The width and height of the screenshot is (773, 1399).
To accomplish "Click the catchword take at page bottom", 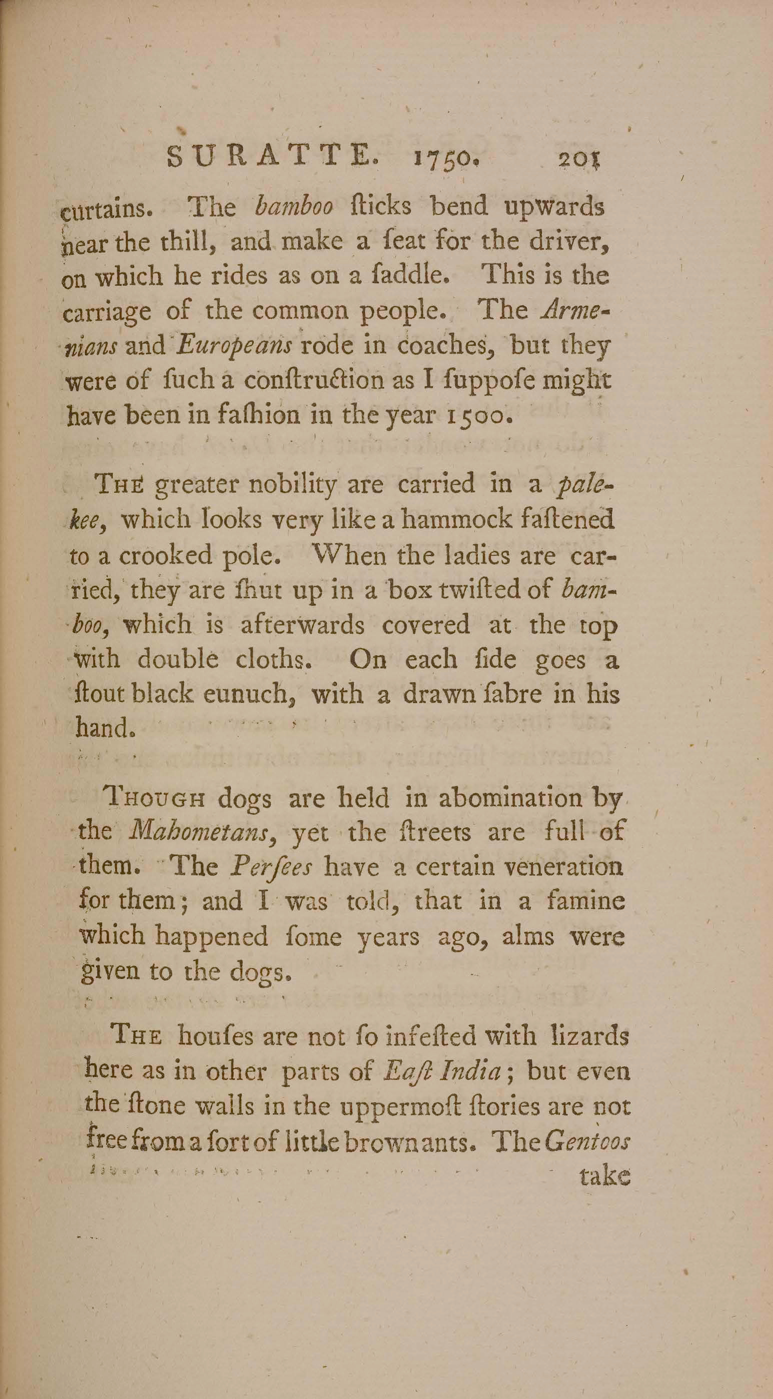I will click(x=604, y=1176).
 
